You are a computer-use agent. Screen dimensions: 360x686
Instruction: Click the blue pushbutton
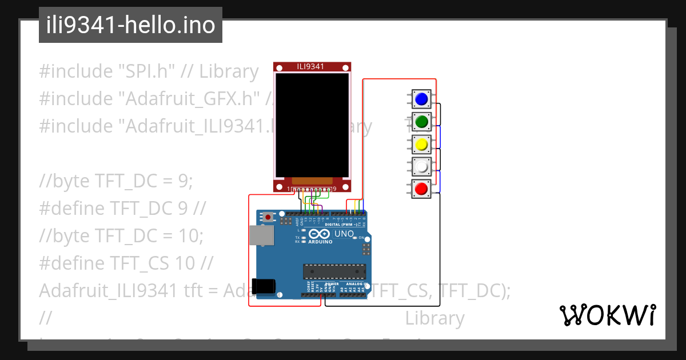[x=422, y=99]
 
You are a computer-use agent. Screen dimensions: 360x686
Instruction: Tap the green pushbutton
[x=422, y=121]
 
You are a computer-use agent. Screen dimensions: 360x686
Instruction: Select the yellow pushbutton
[x=422, y=144]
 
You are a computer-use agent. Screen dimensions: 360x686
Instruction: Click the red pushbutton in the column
[x=422, y=188]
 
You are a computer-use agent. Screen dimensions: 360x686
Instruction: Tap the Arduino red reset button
[x=268, y=217]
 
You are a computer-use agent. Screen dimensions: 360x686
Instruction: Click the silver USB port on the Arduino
[x=261, y=234]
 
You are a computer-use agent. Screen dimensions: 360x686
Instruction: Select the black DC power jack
[x=265, y=286]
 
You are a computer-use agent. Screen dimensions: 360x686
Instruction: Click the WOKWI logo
[x=607, y=315]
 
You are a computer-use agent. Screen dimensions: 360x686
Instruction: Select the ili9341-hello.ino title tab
[x=130, y=25]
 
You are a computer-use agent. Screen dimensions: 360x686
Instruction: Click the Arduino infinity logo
[x=319, y=234]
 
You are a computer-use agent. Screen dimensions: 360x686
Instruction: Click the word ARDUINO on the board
[x=320, y=242]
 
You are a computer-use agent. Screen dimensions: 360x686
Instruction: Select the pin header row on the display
[x=312, y=189]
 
